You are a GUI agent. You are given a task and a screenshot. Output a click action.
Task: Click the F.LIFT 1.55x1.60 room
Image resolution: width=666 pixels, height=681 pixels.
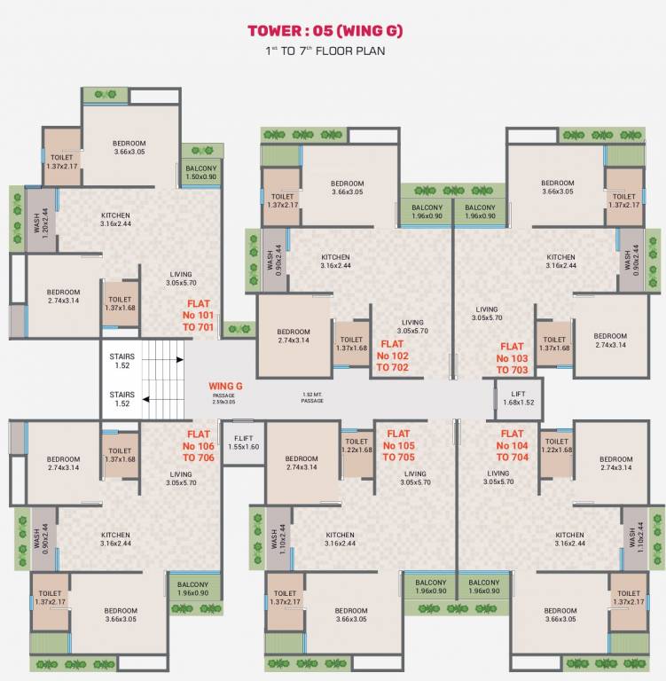(x=244, y=442)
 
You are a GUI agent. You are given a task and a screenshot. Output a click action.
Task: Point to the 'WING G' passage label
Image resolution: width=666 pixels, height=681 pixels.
(x=225, y=387)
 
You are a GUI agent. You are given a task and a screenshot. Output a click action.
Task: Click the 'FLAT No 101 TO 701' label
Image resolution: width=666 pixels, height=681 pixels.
(x=200, y=315)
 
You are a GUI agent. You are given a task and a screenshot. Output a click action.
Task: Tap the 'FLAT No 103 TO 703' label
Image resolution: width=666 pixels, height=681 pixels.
(x=513, y=358)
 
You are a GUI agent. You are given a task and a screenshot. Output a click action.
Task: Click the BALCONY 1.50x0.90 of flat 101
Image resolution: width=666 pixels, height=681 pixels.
(x=201, y=172)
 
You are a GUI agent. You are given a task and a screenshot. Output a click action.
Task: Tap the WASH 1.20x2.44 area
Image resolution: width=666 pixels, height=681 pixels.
(x=37, y=219)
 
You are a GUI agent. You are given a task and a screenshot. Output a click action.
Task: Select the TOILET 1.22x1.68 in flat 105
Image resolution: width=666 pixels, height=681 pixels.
(x=357, y=445)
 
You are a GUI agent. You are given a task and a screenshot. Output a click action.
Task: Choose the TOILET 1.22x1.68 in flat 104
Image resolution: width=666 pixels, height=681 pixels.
(x=556, y=445)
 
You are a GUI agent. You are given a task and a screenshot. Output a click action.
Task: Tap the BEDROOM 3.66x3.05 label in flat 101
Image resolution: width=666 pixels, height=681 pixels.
(x=129, y=147)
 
